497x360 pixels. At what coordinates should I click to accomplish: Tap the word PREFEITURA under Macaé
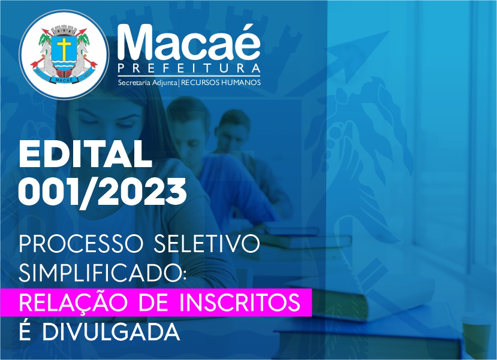tap(189, 68)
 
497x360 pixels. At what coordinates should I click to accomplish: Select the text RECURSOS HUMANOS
tap(221, 83)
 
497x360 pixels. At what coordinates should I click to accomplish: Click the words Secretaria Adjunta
tap(147, 83)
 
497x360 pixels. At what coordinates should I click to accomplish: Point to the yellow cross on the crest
tap(65, 49)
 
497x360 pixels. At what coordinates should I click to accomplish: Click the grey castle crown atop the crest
tap(64, 31)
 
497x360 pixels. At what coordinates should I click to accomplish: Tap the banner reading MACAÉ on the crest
tap(64, 80)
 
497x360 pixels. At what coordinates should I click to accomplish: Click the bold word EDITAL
tap(85, 154)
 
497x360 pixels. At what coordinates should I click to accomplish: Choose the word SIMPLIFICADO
tap(101, 273)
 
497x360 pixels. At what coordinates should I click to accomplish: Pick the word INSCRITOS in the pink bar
tap(240, 302)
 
